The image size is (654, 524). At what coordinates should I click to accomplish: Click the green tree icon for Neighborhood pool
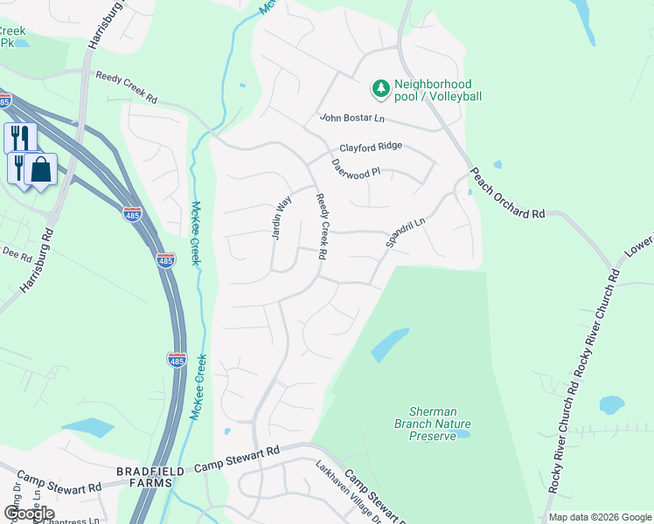[380, 88]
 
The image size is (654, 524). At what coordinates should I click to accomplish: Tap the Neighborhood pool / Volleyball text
[438, 90]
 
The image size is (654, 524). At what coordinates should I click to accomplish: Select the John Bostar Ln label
[352, 118]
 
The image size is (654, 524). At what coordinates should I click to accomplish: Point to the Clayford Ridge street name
[371, 146]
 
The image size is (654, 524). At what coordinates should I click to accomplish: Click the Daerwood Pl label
[356, 167]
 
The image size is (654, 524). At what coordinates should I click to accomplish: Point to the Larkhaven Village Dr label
[349, 492]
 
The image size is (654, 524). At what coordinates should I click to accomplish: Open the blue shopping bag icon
[40, 169]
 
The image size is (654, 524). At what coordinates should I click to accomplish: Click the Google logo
[29, 514]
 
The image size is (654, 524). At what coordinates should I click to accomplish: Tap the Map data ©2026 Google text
[599, 517]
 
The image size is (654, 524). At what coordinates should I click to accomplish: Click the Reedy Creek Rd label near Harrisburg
[127, 88]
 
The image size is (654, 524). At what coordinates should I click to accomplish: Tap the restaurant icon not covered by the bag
[20, 138]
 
